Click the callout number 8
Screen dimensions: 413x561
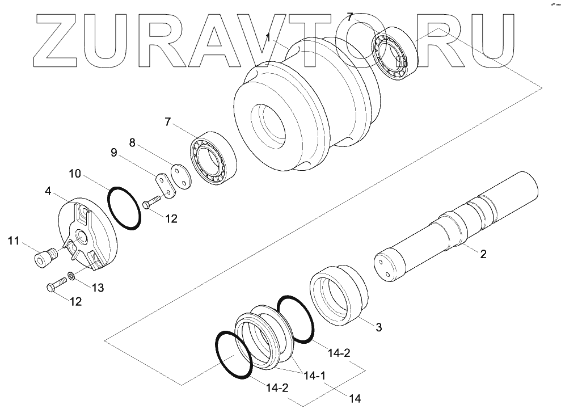coord(132,143)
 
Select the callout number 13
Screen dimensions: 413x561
coord(98,288)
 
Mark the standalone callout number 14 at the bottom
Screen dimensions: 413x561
coord(356,398)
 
